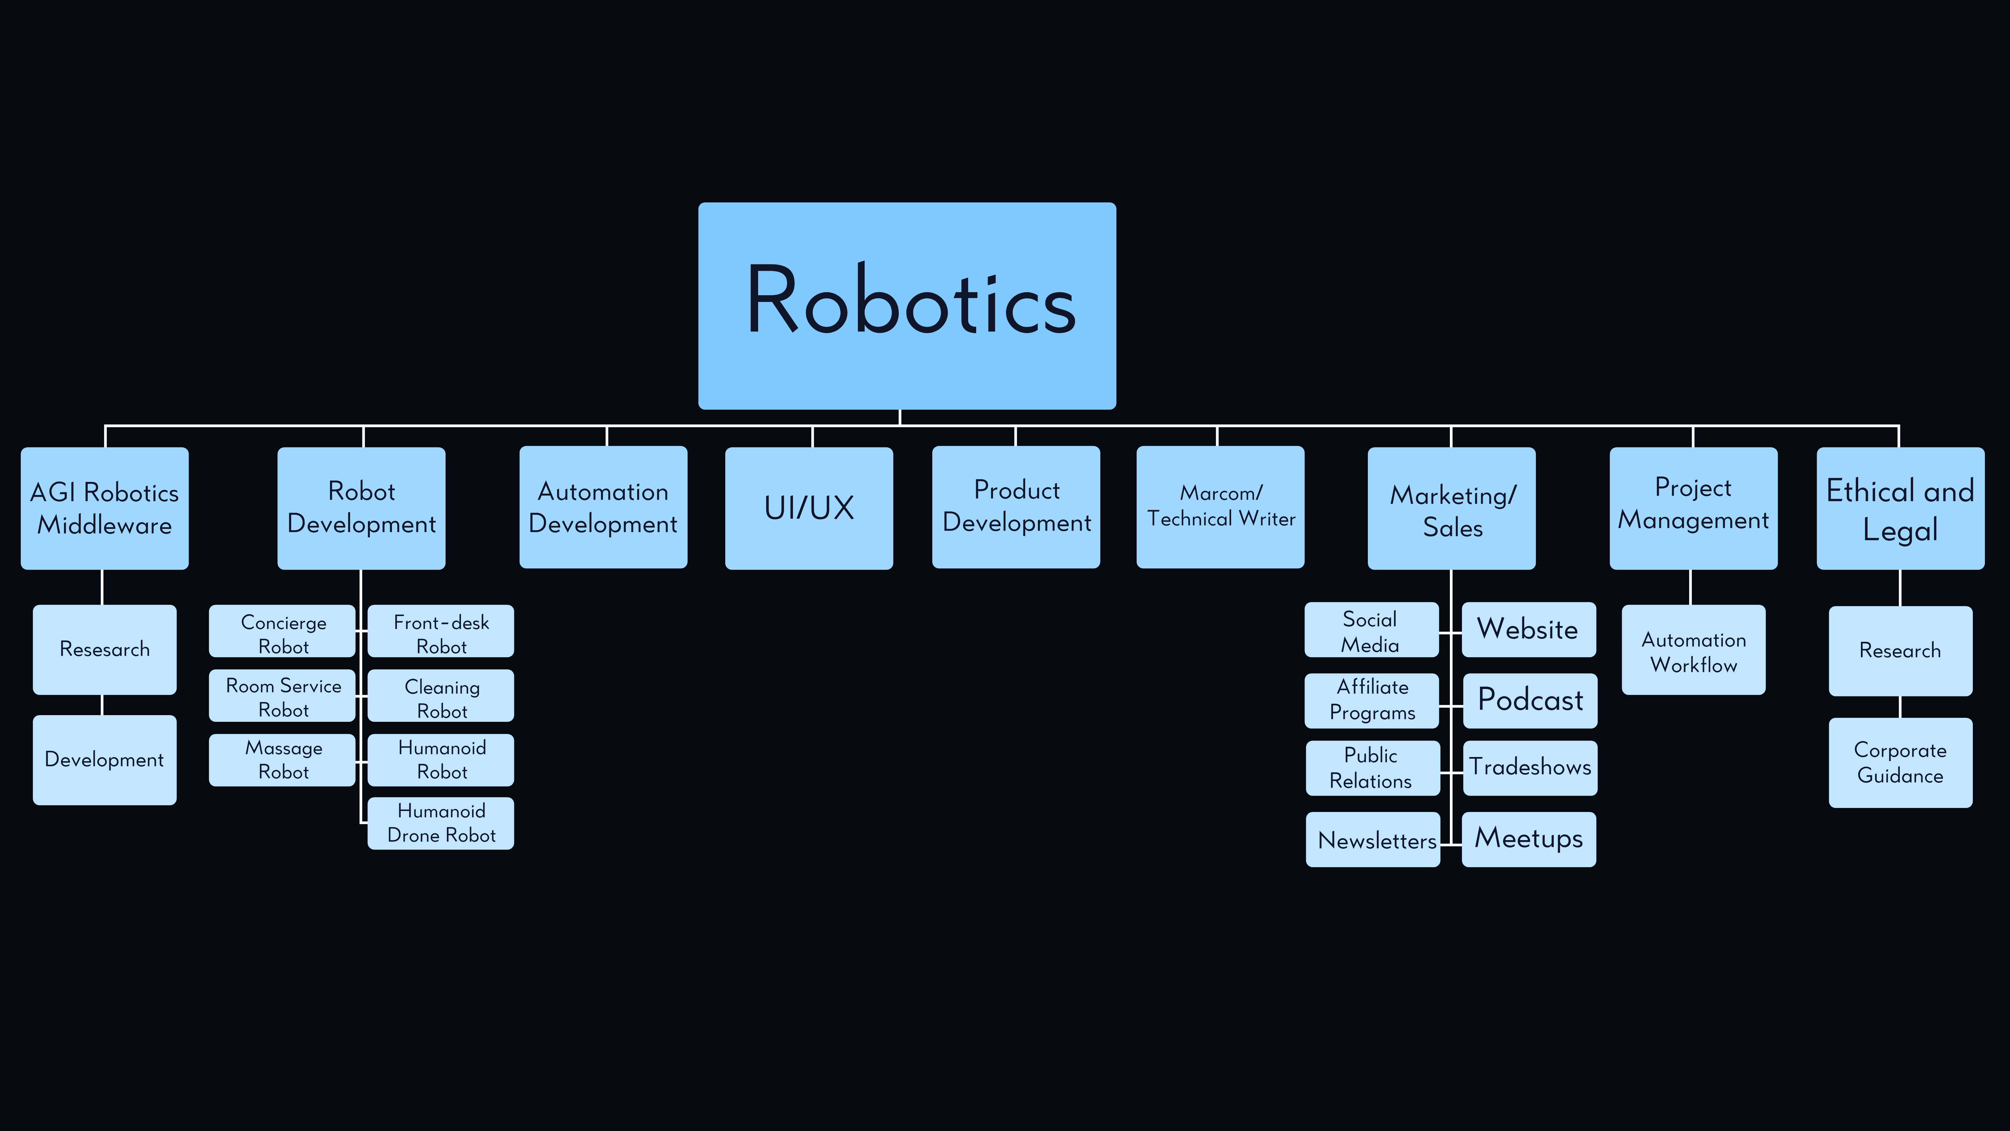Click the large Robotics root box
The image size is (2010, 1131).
[x=907, y=305]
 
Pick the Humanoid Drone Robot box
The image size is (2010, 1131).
[x=441, y=823]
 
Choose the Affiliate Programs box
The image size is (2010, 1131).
[x=1372, y=700]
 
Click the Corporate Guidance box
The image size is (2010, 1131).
[x=1900, y=763]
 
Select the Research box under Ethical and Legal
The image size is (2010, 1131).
[x=1900, y=650]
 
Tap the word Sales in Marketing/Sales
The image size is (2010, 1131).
[x=1452, y=528]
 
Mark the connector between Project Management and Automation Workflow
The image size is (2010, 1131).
[x=1691, y=587]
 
